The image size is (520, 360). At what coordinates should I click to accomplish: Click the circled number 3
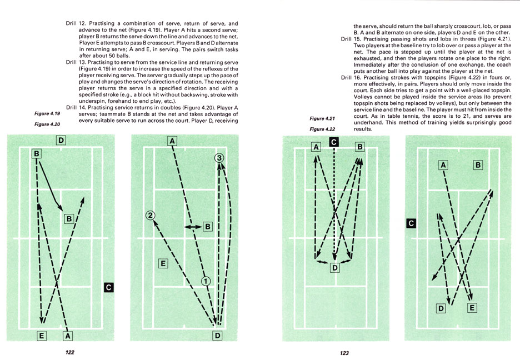219,158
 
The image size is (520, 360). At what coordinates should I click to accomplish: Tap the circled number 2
150,216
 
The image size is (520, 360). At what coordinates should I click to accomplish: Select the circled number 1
205,281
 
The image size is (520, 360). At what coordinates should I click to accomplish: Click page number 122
69,352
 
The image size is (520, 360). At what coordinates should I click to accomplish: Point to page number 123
345,352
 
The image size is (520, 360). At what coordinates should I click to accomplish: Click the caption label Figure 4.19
48,113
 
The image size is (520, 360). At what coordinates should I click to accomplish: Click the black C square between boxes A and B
333,142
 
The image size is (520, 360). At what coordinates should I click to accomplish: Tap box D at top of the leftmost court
61,140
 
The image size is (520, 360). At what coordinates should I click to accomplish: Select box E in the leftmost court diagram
41,335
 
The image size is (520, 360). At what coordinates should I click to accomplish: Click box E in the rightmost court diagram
472,307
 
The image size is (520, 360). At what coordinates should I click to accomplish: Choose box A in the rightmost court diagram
443,164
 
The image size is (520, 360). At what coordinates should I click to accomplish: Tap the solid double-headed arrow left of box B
193,227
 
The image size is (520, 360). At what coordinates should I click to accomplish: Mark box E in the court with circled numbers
163,263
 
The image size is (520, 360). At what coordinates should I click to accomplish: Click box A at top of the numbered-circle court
172,141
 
